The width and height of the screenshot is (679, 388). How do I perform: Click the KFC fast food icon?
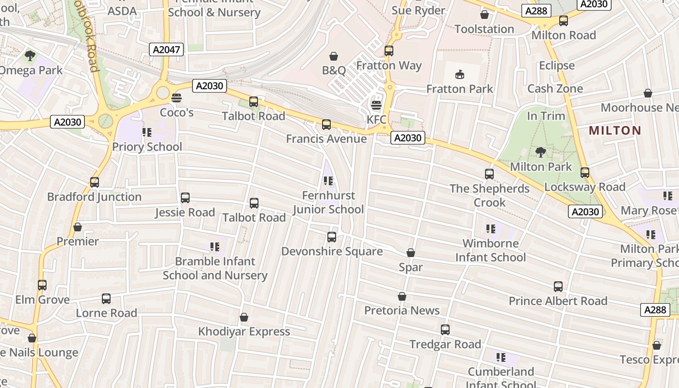[x=376, y=105]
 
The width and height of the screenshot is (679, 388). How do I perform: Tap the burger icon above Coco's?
[x=177, y=97]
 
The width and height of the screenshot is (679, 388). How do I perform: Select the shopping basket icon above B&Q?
[x=334, y=56]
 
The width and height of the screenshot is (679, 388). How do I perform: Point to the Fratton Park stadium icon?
[x=459, y=74]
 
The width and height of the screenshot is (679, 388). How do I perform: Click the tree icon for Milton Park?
[x=540, y=152]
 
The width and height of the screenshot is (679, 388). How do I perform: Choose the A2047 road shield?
[x=166, y=49]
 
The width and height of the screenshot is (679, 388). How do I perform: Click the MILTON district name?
[x=615, y=130]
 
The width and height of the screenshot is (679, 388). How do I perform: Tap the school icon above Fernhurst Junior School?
[x=328, y=181]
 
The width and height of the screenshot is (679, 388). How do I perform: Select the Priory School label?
[x=147, y=147]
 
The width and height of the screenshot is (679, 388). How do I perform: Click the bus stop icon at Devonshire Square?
[x=332, y=237]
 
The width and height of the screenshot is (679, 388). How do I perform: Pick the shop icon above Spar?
[x=411, y=253]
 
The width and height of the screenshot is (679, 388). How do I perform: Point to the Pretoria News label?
[x=402, y=310]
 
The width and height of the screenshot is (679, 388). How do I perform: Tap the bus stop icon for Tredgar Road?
[x=445, y=330]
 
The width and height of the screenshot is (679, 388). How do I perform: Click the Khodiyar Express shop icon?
[x=244, y=317]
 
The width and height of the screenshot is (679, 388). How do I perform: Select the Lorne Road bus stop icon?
[x=106, y=299]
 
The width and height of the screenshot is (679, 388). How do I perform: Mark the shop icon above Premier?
[x=78, y=227]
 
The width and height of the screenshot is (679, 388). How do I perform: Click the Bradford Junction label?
[x=94, y=197]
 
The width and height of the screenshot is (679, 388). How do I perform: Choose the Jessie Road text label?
[x=185, y=212]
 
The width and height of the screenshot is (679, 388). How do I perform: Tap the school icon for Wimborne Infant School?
[x=491, y=228]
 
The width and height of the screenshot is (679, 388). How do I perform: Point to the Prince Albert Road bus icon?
[x=558, y=287]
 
